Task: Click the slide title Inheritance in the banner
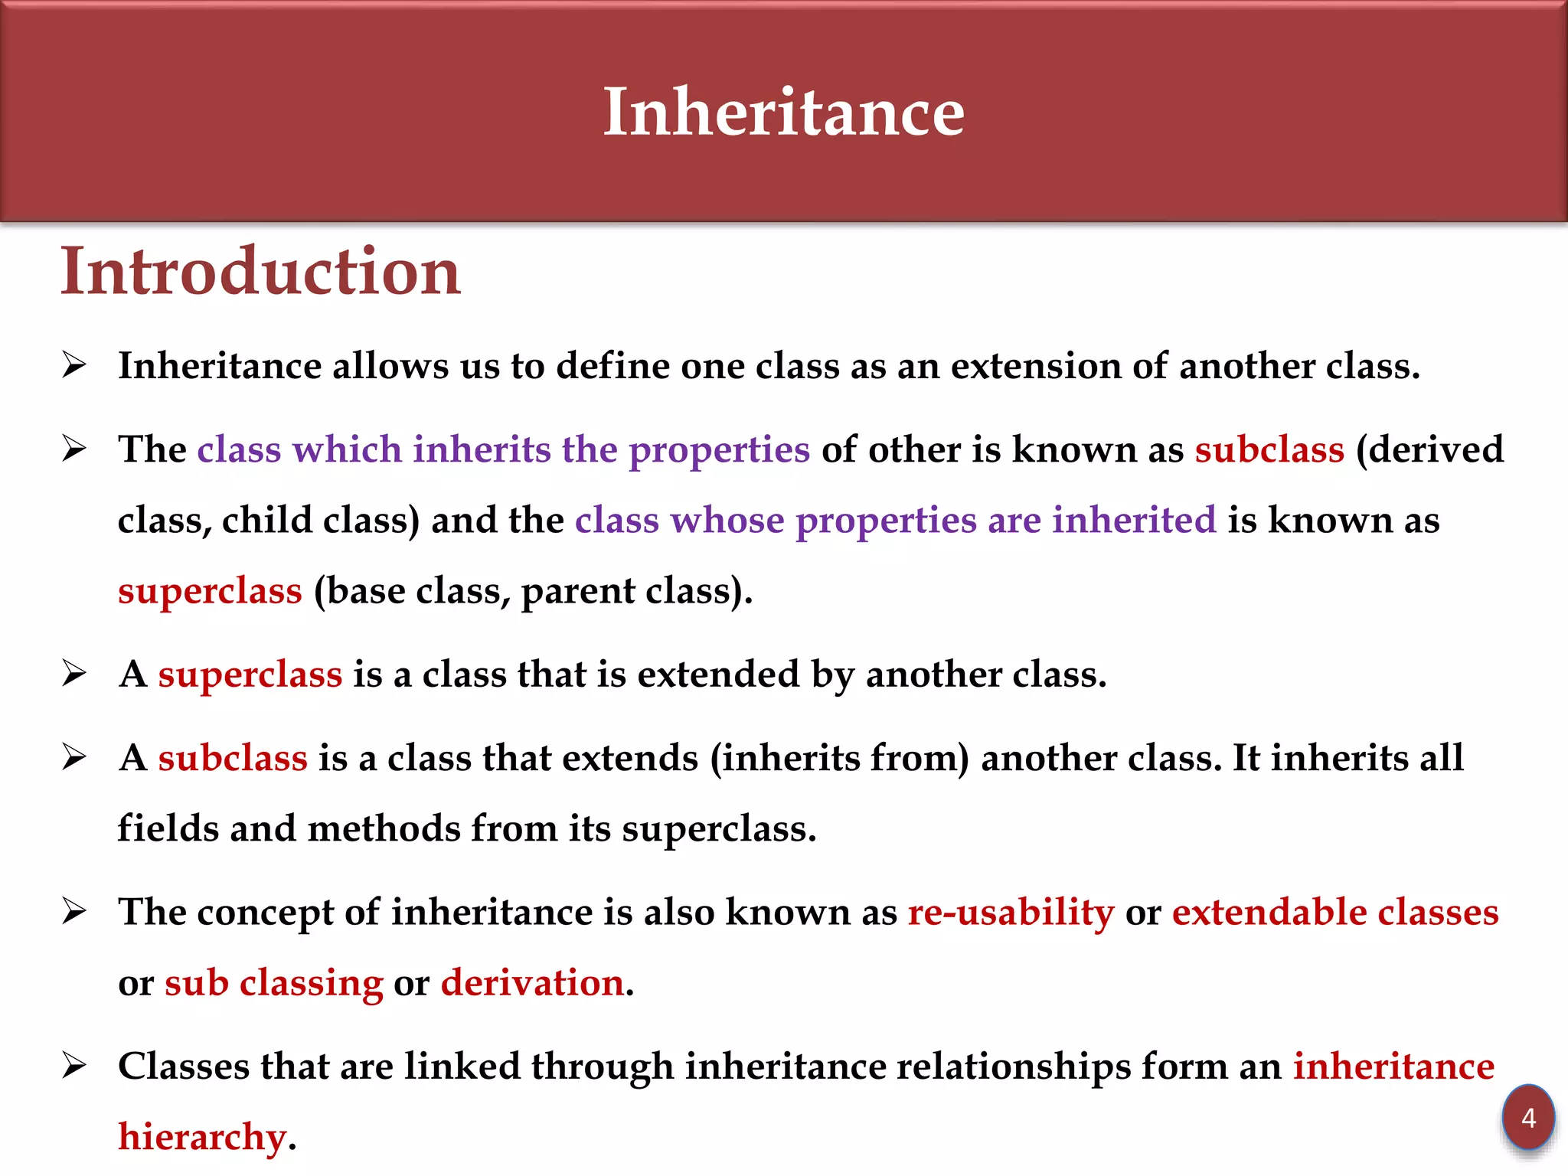783,112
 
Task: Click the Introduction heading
260,271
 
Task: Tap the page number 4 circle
1528,1118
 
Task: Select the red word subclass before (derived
1269,449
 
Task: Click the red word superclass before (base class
210,592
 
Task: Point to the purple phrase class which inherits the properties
503,449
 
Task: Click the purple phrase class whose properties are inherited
895,521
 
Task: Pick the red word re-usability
1011,913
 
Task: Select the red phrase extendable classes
1334,913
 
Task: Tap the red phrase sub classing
273,983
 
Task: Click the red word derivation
532,983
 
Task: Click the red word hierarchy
202,1137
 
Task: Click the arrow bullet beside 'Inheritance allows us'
74,365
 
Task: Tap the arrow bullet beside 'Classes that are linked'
74,1066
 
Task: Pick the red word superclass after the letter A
250,675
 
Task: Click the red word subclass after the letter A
233,758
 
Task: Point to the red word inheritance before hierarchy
1393,1067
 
